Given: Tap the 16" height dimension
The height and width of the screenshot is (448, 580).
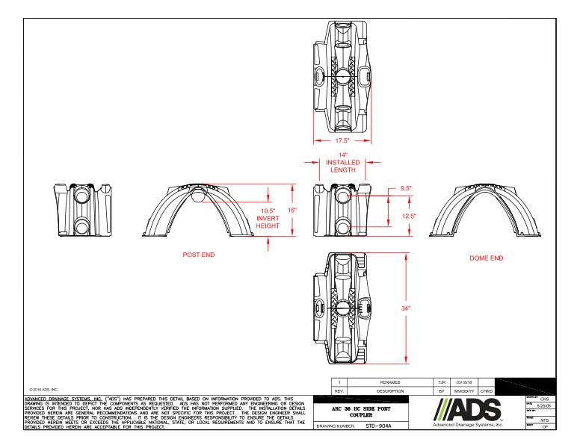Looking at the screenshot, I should [x=292, y=211].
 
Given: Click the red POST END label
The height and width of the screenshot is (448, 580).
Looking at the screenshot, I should [x=199, y=255].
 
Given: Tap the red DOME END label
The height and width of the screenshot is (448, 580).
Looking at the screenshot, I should [x=485, y=258].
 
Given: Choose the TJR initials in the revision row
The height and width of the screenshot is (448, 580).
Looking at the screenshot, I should [x=441, y=381].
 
